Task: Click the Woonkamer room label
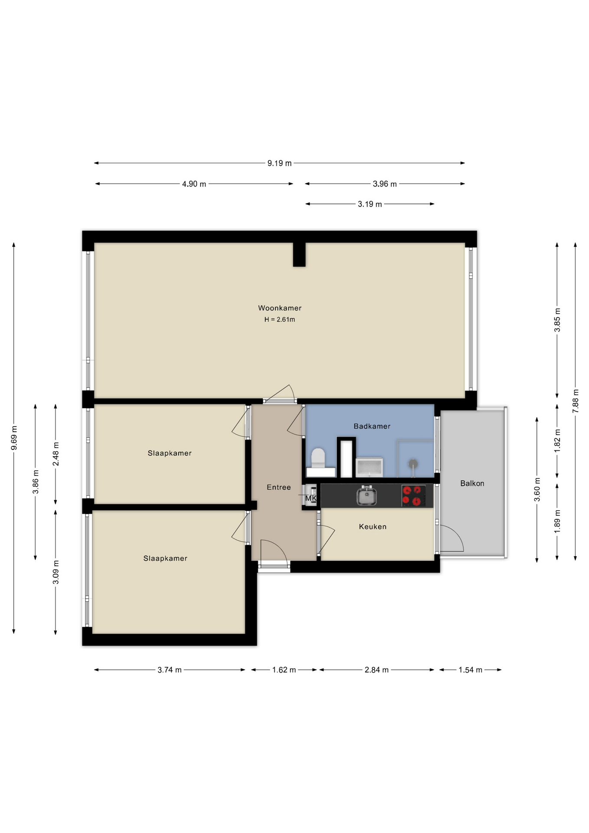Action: tap(279, 308)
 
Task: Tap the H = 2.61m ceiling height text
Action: tap(279, 320)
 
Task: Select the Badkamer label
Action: tap(372, 426)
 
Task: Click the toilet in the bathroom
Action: tap(318, 458)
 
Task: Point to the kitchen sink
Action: tap(366, 496)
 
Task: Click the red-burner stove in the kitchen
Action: tap(413, 496)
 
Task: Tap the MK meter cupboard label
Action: tap(311, 498)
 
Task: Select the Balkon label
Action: tap(472, 483)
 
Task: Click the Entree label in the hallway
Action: tap(278, 488)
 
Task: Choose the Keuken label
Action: tap(372, 527)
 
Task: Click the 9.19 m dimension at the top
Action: tap(279, 163)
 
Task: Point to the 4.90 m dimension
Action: tap(194, 184)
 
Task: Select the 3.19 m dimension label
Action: tap(370, 204)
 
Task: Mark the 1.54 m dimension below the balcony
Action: tap(470, 670)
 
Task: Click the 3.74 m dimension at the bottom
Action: tap(169, 670)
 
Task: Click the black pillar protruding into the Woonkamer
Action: tap(299, 254)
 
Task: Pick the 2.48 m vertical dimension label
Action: tap(56, 454)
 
